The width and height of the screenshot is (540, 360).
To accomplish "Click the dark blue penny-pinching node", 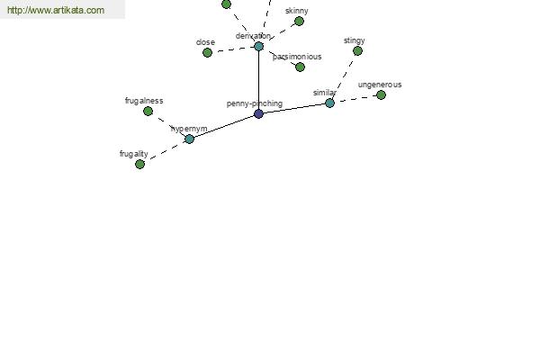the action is click(x=258, y=113).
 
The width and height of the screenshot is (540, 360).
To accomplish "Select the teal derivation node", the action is click(x=258, y=46).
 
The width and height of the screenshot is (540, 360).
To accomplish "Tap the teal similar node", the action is click(x=329, y=103).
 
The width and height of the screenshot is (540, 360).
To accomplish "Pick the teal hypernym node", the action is click(x=189, y=139).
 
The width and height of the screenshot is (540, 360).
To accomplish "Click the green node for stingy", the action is click(x=357, y=51).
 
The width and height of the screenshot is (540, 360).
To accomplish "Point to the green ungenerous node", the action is click(x=381, y=94).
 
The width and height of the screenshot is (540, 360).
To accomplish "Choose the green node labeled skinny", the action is click(x=299, y=22).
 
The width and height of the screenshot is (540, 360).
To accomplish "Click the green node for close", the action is click(x=207, y=53).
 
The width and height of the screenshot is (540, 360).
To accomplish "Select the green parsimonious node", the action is click(x=300, y=67).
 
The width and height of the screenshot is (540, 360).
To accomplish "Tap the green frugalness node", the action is click(x=148, y=112).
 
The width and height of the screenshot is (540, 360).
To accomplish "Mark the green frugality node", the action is click(x=139, y=165).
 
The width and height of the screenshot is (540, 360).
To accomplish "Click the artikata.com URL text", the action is click(x=56, y=10).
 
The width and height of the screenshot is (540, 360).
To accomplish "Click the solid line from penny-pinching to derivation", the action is click(x=258, y=80).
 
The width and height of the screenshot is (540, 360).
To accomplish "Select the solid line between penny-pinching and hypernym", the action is click(x=224, y=126).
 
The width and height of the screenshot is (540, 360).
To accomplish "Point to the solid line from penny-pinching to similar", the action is click(x=294, y=108).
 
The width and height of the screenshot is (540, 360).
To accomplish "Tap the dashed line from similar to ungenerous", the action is click(x=355, y=99).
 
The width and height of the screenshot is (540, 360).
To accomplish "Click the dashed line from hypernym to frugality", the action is click(x=165, y=151).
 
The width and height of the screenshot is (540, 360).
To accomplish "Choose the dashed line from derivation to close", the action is click(x=233, y=49).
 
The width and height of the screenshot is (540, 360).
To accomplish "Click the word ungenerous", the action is click(x=380, y=85).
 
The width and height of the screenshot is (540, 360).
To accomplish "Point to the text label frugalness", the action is click(x=144, y=101).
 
